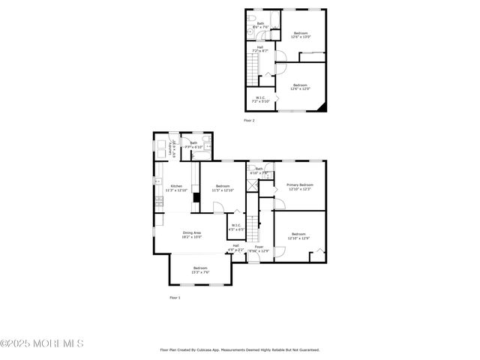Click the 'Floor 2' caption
tap(249, 120)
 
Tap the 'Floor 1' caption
tap(175, 298)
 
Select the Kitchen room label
tap(176, 186)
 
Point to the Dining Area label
tap(191, 232)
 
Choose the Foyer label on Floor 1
tap(259, 247)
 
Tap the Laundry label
tap(173, 148)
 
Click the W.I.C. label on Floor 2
tap(260, 97)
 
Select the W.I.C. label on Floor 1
tap(236, 225)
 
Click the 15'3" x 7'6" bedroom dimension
tap(200, 272)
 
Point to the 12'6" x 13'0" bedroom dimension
tap(301, 37)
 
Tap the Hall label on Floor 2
tap(260, 46)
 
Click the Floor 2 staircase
tap(253, 73)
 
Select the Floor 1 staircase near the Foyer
tap(253, 224)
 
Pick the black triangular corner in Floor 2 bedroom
tap(322, 107)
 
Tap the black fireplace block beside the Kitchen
tap(196, 197)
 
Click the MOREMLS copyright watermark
tap(42, 343)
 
